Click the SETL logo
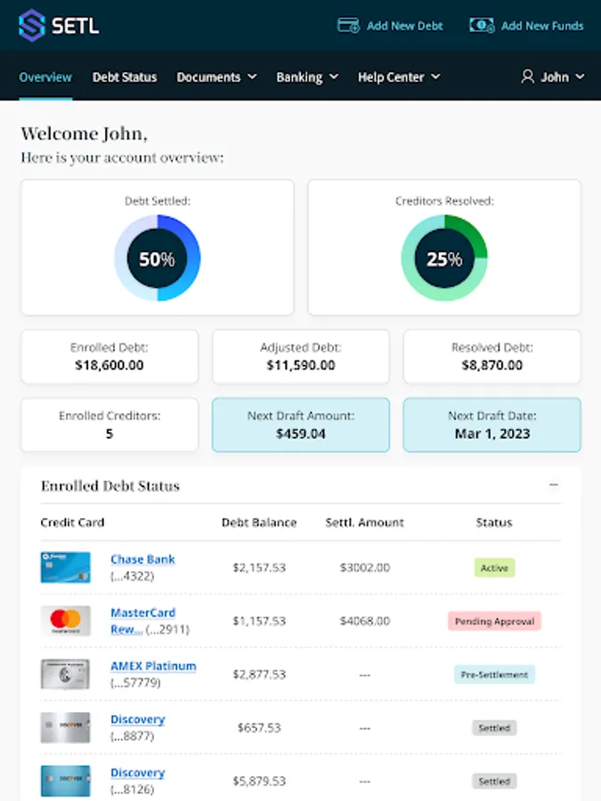59,25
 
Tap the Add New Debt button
390,26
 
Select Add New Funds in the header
526,26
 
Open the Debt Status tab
125,77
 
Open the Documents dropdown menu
216,77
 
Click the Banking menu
307,77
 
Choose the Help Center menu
399,77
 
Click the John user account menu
553,77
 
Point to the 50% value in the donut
157,260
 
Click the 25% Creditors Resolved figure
443,260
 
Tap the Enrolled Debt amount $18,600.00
110,365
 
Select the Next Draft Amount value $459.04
301,433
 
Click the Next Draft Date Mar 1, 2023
491,433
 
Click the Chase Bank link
142,559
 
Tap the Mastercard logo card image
65,620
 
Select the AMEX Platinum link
153,666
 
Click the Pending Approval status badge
494,621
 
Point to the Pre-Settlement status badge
494,675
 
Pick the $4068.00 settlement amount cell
365,621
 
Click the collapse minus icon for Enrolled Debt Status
554,485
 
